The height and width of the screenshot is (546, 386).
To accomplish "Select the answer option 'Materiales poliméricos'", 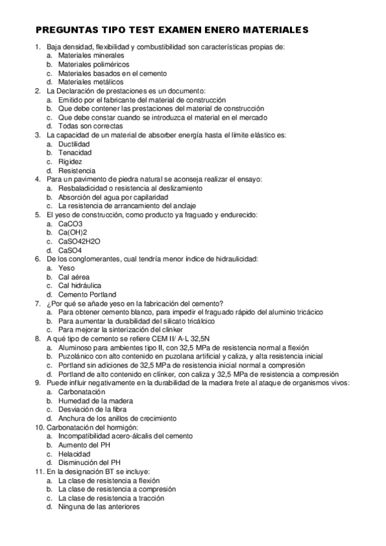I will pyautogui.click(x=93, y=64).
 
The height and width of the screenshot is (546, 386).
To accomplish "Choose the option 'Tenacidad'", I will pyautogui.click(x=75, y=153).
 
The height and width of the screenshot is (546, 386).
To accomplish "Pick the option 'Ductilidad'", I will pyautogui.click(x=73, y=144).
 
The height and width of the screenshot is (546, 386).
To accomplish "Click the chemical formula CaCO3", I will pyautogui.click(x=70, y=223).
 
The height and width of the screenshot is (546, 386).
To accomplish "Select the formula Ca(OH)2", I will pyautogui.click(x=72, y=232).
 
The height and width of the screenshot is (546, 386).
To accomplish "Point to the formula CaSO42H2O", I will pyautogui.click(x=79, y=241).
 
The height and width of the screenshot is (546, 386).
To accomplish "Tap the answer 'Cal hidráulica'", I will pyautogui.click(x=79, y=285).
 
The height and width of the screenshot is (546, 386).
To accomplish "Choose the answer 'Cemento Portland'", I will pyautogui.click(x=87, y=294).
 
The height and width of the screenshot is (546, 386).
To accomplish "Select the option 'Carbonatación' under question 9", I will pyautogui.click(x=81, y=391).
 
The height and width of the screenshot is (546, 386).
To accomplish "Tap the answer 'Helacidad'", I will pyautogui.click(x=73, y=453).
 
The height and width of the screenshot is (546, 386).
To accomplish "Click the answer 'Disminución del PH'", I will pyautogui.click(x=89, y=462).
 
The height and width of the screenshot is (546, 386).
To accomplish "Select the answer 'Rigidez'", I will pyautogui.click(x=70, y=162).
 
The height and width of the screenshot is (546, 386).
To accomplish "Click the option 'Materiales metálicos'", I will pyautogui.click(x=90, y=82).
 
